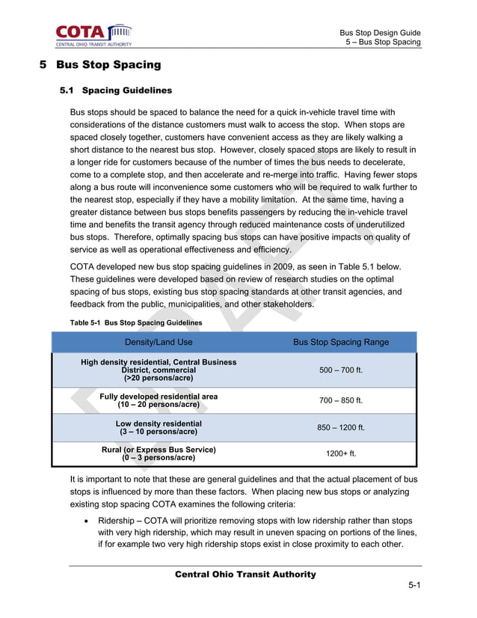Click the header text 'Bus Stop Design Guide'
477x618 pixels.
click(x=380, y=33)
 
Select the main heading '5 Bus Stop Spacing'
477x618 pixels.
click(x=100, y=65)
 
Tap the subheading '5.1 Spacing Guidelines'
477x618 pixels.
click(x=116, y=91)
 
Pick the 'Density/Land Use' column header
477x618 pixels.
click(x=159, y=342)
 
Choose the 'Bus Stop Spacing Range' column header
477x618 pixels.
click(x=340, y=342)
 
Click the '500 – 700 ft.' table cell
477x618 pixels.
click(x=340, y=370)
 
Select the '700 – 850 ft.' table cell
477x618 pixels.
click(x=340, y=400)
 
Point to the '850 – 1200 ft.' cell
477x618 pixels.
click(x=340, y=427)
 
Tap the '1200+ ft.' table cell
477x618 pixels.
click(x=341, y=453)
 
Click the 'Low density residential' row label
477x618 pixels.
click(x=159, y=423)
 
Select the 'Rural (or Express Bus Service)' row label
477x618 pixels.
click(x=159, y=450)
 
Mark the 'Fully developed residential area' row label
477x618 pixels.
click(x=159, y=396)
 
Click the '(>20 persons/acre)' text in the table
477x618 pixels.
click(x=159, y=379)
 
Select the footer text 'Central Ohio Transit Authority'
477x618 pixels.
click(x=245, y=575)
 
